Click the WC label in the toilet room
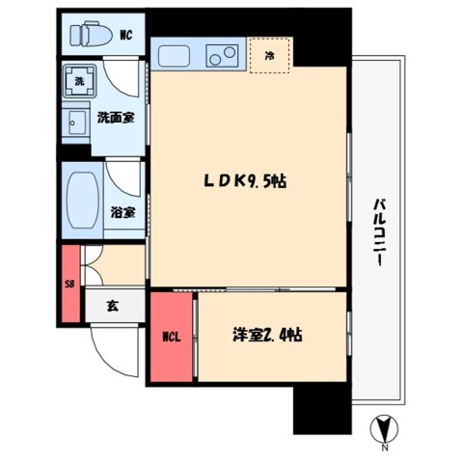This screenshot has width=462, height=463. tap(126, 37)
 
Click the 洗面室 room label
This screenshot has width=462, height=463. tap(114, 118)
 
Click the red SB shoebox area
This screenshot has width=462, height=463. tap(68, 284)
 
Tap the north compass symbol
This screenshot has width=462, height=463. tap(383, 425)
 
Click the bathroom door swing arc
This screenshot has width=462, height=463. tap(123, 179)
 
